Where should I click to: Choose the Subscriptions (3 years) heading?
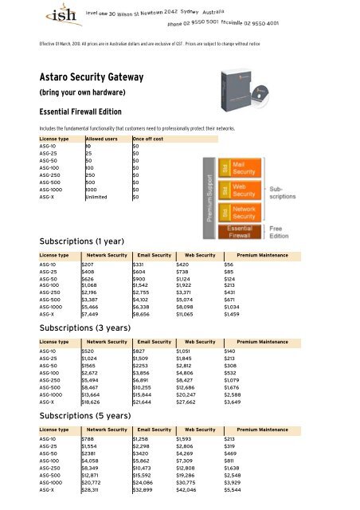tap(92, 328)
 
